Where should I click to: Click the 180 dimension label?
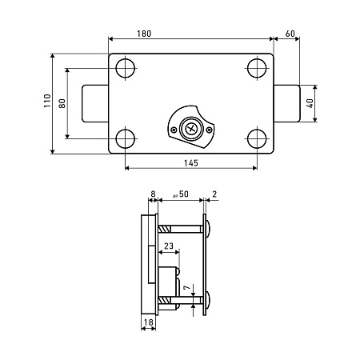(x=144, y=34)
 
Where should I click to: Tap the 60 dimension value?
(x=290, y=34)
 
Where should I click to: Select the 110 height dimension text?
(x=47, y=101)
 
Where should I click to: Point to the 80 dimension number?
(x=62, y=103)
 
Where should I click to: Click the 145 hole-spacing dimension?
(x=191, y=163)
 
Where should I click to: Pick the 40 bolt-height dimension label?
(x=310, y=103)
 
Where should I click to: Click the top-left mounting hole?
(x=126, y=68)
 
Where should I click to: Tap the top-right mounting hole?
(x=257, y=68)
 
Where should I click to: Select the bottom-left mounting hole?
(x=126, y=139)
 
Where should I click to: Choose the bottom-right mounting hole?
(x=257, y=139)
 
